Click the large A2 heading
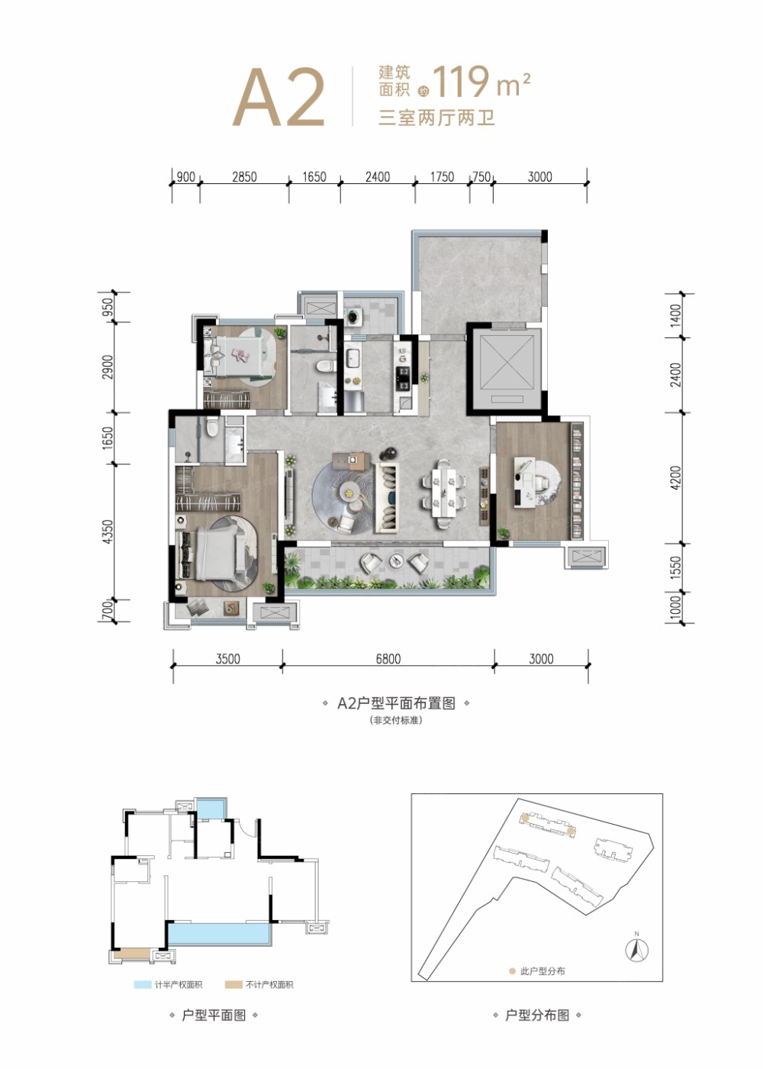coord(279,98)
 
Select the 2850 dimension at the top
coord(244,176)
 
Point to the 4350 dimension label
coord(108,531)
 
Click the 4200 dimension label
coord(675,478)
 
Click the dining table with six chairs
coord(443,493)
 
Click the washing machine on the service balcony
coord(355,315)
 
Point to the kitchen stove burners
coord(403,376)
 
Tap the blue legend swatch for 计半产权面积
coord(143,984)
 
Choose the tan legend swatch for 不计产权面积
coord(233,984)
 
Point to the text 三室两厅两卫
coord(436,118)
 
